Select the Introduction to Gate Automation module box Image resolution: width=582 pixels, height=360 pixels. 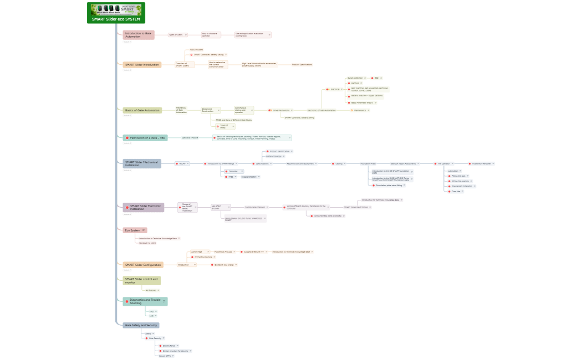139,35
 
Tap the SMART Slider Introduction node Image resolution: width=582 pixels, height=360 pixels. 142,65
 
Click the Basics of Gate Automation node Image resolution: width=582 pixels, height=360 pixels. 142,110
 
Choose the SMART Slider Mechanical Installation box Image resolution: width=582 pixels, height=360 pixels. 142,163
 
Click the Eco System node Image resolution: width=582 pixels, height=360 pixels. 133,230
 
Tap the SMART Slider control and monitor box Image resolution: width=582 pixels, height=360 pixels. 142,281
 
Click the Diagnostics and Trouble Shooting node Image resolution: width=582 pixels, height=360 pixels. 144,301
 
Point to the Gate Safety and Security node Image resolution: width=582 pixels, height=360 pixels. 141,325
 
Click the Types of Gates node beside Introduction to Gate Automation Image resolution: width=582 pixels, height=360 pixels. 176,35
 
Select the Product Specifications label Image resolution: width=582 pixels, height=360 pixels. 303,65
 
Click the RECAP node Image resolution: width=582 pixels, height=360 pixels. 182,164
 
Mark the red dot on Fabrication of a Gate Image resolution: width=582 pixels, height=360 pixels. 127,137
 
